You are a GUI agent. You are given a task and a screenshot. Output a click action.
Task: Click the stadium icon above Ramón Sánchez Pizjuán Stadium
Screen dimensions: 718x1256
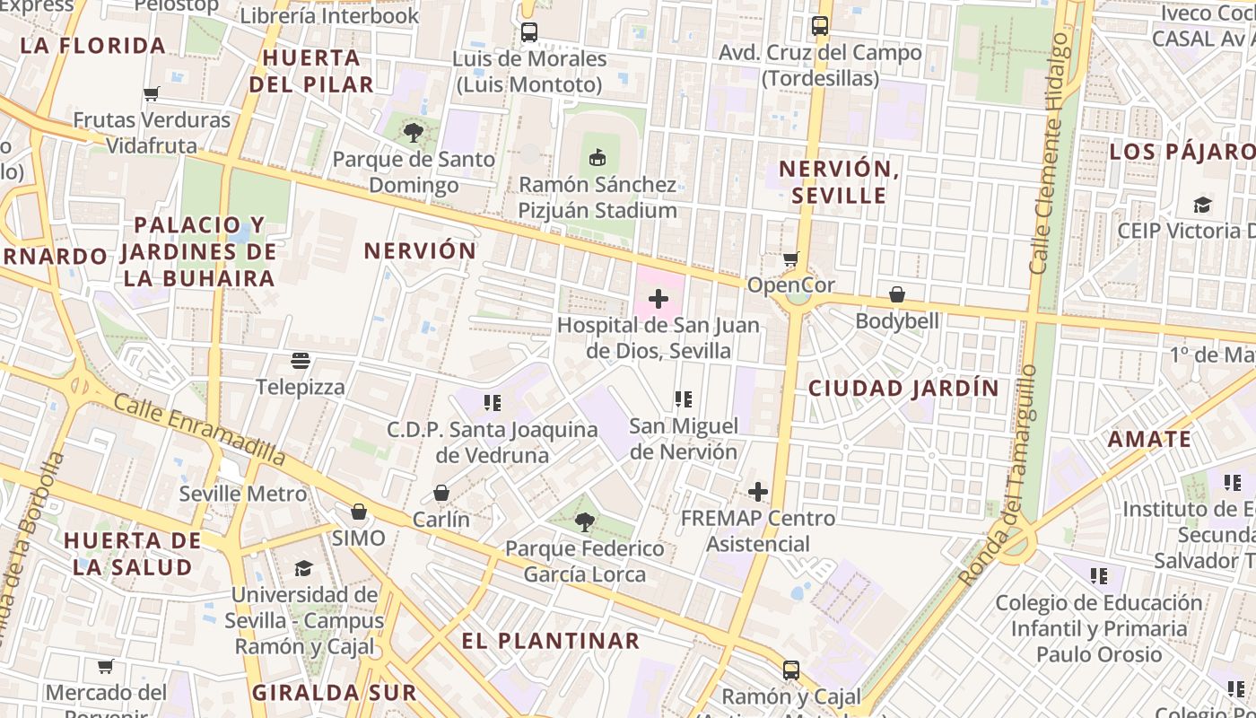597,158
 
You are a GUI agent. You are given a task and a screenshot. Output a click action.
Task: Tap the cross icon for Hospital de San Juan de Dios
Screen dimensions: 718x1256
659,299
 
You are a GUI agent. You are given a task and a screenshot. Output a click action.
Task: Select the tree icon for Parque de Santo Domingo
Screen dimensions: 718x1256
414,134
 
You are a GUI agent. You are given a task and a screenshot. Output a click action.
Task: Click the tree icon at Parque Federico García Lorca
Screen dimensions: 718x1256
584,522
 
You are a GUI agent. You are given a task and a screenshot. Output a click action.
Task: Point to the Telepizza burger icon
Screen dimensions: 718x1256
301,361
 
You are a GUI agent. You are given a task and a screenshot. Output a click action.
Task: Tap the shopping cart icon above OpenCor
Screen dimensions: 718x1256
790,259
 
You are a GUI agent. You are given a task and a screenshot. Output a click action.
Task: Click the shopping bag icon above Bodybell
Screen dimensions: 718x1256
896,294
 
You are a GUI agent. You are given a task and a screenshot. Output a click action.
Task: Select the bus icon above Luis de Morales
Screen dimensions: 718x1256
528,32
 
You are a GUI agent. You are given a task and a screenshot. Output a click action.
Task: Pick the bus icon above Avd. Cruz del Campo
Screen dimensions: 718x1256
819,26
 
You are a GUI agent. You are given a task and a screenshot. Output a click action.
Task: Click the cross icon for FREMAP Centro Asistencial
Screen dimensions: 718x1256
758,492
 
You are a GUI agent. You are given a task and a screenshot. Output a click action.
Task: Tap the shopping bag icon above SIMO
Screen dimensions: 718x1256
359,512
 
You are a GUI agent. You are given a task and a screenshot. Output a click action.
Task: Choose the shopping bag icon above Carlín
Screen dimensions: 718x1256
441,493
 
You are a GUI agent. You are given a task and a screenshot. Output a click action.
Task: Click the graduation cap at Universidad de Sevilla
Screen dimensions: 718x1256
303,568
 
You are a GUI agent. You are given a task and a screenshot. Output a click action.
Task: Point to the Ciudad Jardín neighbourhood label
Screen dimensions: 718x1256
903,388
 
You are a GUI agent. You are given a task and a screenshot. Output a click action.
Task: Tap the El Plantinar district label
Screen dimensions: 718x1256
550,641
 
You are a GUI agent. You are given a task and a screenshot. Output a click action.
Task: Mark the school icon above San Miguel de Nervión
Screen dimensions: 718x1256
684,399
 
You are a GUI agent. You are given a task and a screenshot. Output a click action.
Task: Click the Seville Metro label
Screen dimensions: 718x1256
242,494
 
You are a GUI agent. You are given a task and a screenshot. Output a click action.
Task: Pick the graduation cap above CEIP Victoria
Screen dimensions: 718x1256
1202,205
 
